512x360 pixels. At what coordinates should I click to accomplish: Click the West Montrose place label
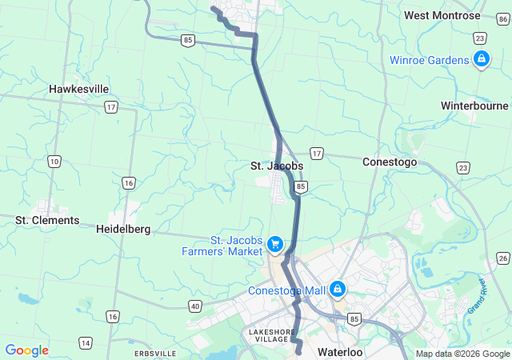tap(442, 15)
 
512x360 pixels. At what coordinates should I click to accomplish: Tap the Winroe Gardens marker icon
tap(481, 58)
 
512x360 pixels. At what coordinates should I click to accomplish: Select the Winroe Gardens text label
tap(430, 60)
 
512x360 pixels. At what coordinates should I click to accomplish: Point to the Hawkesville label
tap(79, 89)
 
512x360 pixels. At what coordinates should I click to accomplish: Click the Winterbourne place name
tap(474, 106)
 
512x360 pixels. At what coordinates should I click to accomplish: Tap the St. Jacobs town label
tap(277, 166)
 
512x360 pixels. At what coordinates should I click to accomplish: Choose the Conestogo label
tap(390, 161)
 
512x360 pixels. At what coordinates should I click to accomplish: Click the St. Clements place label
tap(48, 220)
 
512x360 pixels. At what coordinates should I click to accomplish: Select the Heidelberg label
tap(123, 229)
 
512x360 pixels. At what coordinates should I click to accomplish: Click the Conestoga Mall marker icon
tap(338, 288)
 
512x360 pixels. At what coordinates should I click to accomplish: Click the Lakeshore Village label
tap(272, 336)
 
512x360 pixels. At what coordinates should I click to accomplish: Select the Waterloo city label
tap(340, 352)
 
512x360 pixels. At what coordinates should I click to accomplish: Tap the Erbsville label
tap(155, 353)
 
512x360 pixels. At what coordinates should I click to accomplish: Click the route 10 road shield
tap(54, 162)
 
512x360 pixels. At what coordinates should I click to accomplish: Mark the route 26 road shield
tap(502, 257)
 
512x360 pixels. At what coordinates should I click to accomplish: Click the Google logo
tap(26, 350)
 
